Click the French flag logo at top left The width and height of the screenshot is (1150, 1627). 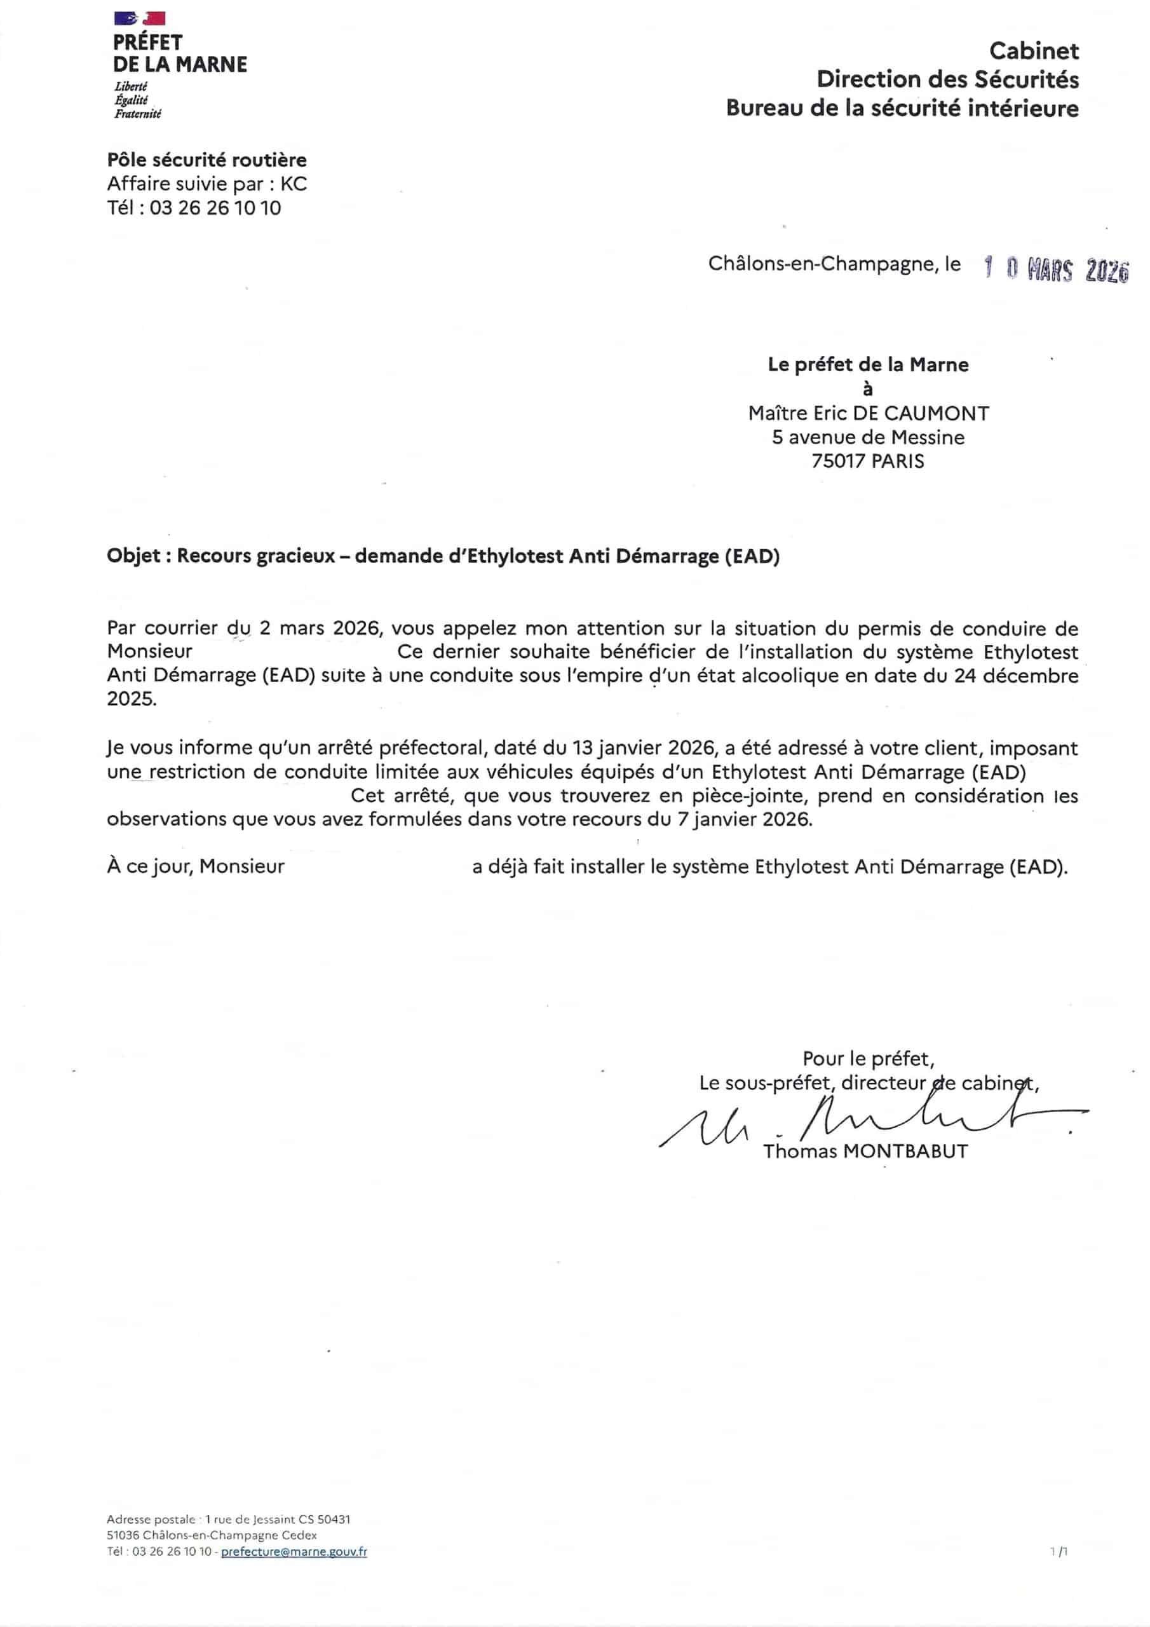(x=139, y=18)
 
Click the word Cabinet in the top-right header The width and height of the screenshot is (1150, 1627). (x=1033, y=51)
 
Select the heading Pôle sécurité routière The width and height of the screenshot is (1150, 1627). (x=206, y=160)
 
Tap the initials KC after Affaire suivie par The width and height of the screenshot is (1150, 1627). (x=294, y=184)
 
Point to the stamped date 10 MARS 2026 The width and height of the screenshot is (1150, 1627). (x=1056, y=269)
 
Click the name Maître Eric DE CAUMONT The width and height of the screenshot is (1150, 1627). (x=868, y=413)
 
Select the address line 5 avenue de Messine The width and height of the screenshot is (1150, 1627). (x=868, y=437)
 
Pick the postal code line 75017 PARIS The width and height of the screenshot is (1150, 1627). (x=868, y=461)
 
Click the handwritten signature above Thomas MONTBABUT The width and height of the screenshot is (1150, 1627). (x=872, y=1122)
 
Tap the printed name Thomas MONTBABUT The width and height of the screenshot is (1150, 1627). (x=865, y=1152)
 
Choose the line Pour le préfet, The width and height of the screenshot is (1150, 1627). (x=868, y=1059)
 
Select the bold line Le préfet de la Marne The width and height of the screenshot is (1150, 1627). (x=868, y=365)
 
